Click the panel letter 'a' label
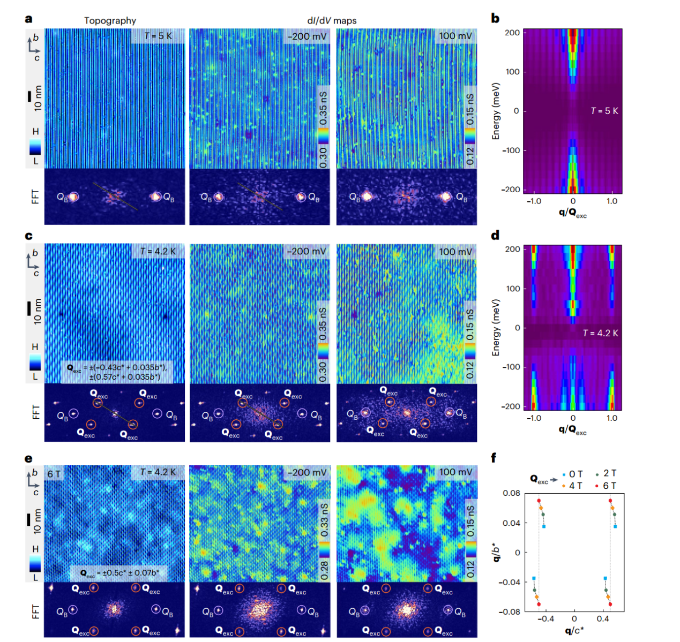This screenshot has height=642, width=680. (x=28, y=19)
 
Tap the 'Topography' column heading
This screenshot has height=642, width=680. (x=110, y=20)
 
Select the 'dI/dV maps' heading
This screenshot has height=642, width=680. (x=332, y=20)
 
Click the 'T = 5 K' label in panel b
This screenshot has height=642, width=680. (x=604, y=111)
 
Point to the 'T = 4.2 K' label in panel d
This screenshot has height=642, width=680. (x=600, y=333)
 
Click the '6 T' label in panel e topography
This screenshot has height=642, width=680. (x=54, y=474)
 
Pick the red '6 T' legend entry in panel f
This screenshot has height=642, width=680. (x=606, y=486)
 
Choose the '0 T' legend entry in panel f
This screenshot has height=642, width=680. (x=572, y=474)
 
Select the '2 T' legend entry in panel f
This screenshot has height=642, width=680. (x=606, y=473)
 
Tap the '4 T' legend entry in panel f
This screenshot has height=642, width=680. (x=572, y=486)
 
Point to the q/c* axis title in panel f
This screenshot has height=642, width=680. (x=574, y=630)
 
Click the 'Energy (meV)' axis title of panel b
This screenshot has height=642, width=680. (x=496, y=111)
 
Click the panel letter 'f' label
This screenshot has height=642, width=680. (x=494, y=458)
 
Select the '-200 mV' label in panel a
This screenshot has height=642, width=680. (x=307, y=36)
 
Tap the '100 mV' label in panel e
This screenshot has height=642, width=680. (x=455, y=472)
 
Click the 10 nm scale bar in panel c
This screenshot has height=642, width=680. (x=29, y=308)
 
